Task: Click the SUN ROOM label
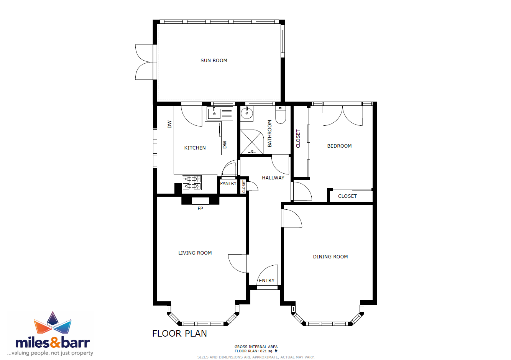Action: click(x=214, y=61)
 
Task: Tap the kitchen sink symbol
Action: click(x=219, y=113)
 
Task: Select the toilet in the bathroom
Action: click(x=280, y=115)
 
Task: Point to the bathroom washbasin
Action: click(x=246, y=113)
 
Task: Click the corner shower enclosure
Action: click(x=252, y=142)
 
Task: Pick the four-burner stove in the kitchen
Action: click(x=192, y=182)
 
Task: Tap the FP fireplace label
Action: click(x=200, y=208)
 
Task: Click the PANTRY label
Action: click(x=228, y=183)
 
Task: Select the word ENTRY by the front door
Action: click(x=266, y=280)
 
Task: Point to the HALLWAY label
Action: click(x=273, y=178)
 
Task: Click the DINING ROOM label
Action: click(x=330, y=256)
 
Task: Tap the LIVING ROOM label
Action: click(x=195, y=253)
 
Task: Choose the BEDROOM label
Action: click(x=339, y=146)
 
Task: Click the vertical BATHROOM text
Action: click(x=269, y=133)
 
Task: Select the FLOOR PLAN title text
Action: click(x=179, y=334)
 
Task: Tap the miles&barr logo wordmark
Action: click(x=53, y=343)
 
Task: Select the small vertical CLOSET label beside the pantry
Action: click(x=244, y=186)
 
